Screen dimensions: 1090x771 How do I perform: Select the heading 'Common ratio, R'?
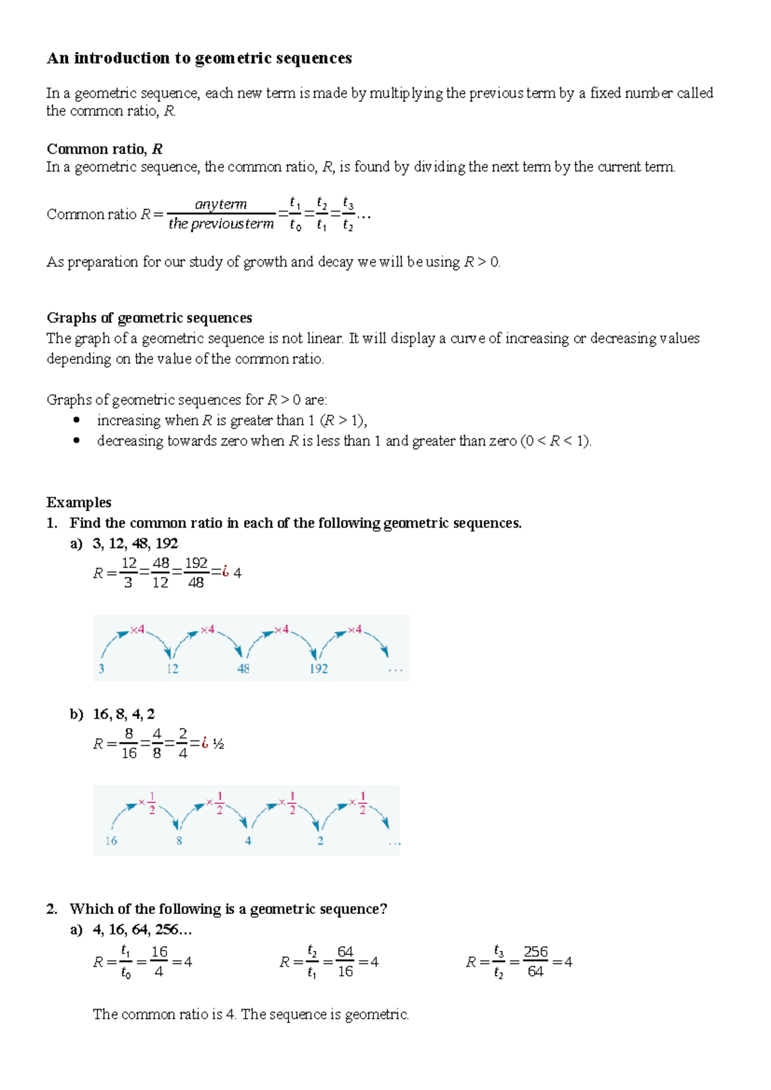pyautogui.click(x=104, y=149)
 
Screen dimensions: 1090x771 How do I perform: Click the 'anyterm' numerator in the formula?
pyautogui.click(x=220, y=204)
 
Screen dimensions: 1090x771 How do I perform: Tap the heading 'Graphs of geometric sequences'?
pyautogui.click(x=149, y=318)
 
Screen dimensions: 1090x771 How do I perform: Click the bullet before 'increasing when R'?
pyautogui.click(x=76, y=420)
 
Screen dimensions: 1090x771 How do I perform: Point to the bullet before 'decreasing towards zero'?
pyautogui.click(x=76, y=441)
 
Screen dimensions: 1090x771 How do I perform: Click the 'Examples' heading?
pyautogui.click(x=79, y=503)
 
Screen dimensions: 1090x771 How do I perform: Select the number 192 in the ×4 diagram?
pyautogui.click(x=318, y=669)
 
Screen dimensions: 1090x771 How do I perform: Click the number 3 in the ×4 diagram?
pyautogui.click(x=102, y=669)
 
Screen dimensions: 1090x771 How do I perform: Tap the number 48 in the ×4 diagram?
pyautogui.click(x=243, y=669)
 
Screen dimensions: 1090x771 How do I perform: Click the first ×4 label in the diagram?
pyautogui.click(x=137, y=630)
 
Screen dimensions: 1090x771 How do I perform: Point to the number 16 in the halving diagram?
pyautogui.click(x=111, y=841)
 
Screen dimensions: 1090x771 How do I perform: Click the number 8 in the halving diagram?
pyautogui.click(x=179, y=841)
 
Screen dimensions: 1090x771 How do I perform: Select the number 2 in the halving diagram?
pyautogui.click(x=320, y=841)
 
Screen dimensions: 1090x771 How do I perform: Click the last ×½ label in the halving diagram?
pyautogui.click(x=358, y=803)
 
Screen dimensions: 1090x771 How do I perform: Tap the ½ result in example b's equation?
pyautogui.click(x=218, y=744)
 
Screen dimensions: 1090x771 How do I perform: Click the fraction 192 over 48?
pyautogui.click(x=196, y=573)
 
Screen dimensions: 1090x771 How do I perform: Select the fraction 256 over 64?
pyautogui.click(x=536, y=962)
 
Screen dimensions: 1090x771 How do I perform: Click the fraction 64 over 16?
pyautogui.click(x=345, y=962)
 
